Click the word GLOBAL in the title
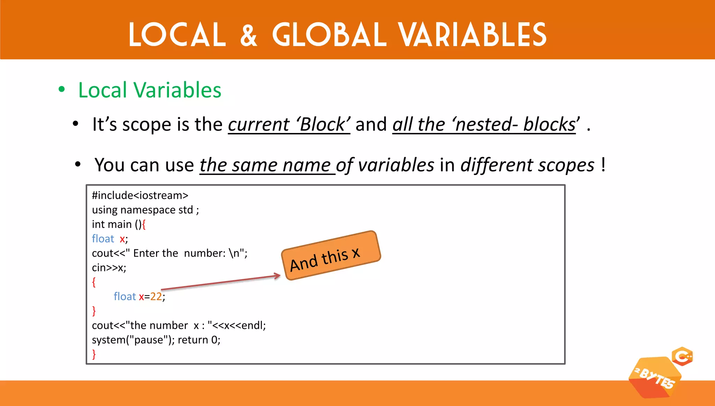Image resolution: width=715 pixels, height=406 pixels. [x=329, y=35]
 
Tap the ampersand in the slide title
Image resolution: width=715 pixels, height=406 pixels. [x=249, y=35]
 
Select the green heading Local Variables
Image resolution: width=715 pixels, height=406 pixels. [x=150, y=90]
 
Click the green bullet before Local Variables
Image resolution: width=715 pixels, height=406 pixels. [x=62, y=89]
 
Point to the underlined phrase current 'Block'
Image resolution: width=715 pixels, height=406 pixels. [x=289, y=125]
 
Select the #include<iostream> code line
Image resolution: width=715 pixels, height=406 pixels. [x=140, y=195]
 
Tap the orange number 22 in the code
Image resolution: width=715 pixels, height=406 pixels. [x=156, y=296]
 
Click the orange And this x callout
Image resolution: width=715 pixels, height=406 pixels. [x=331, y=255]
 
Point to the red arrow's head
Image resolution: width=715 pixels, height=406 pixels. [x=278, y=276]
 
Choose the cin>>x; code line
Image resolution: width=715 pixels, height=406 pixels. [x=109, y=268]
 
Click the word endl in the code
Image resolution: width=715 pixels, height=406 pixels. [x=252, y=325]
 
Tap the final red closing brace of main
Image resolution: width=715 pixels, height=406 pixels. [x=94, y=354]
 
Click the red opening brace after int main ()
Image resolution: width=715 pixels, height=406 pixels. [x=144, y=224]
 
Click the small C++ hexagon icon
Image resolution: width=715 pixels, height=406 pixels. [x=682, y=356]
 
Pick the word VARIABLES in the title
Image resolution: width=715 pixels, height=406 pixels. [x=473, y=35]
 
